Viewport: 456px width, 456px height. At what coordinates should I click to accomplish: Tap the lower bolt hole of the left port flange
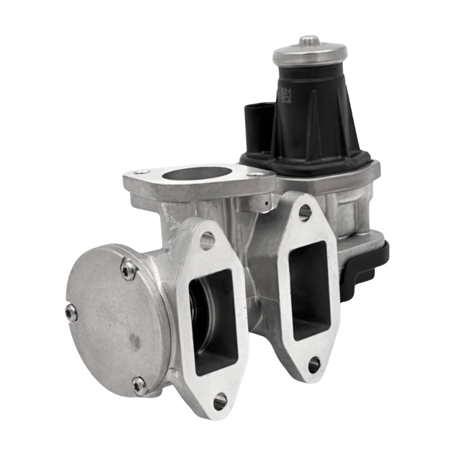pos(221,399)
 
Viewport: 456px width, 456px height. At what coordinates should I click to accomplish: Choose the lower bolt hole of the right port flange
pos(314,365)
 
